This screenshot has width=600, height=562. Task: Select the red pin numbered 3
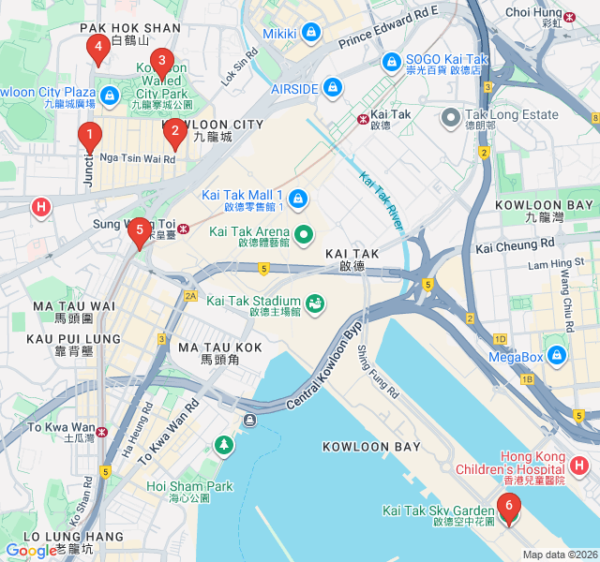click(161, 65)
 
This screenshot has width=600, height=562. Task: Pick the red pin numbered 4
click(96, 50)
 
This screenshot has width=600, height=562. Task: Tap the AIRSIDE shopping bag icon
click(331, 88)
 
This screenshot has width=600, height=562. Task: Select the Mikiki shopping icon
click(311, 35)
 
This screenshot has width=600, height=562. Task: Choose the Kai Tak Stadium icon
click(314, 302)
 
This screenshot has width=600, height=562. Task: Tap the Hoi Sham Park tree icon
click(223, 444)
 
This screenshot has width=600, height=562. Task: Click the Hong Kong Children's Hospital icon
click(579, 465)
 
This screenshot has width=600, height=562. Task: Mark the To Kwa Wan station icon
click(102, 432)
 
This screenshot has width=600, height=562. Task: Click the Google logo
click(31, 551)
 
